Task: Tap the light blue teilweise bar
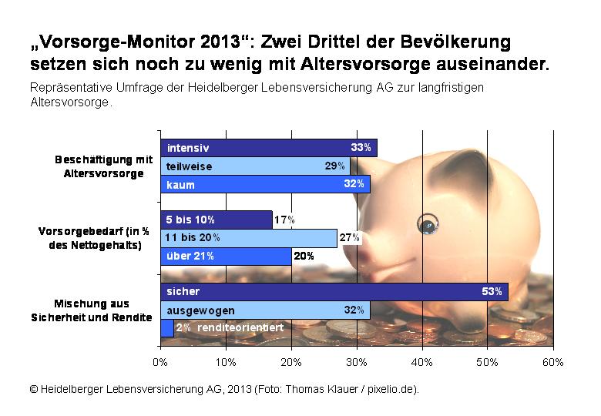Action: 255,166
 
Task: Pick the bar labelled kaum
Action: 265,184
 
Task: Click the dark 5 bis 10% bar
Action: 216,220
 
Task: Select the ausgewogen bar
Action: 265,310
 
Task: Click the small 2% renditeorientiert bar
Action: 167,328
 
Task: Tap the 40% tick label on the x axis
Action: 422,362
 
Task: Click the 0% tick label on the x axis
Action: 160,362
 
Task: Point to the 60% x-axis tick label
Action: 553,362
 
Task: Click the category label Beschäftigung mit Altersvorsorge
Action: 103,166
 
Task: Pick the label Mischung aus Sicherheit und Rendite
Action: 92,310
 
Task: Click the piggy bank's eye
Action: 427,225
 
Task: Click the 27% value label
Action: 350,238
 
